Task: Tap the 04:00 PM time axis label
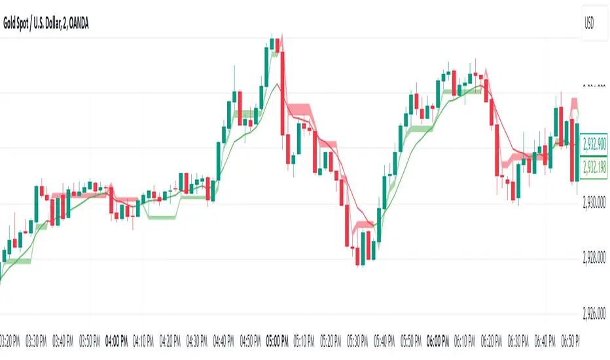(116, 340)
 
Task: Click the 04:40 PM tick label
(224, 340)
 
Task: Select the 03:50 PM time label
(90, 340)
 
